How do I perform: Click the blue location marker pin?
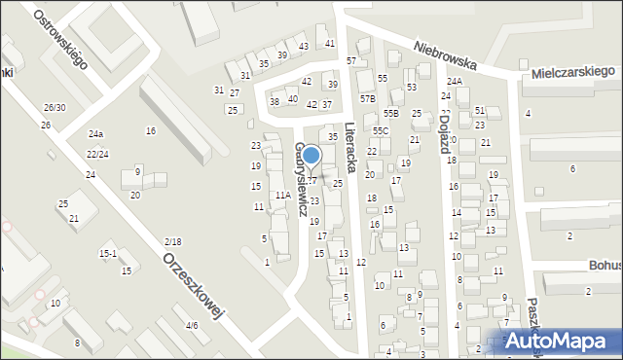tap(311, 156)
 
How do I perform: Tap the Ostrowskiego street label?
tap(59, 39)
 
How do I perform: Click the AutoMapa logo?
tap(563, 341)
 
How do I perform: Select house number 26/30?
tap(55, 107)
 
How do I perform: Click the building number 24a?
tap(95, 134)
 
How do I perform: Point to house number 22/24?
tap(97, 154)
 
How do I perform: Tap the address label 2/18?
tap(173, 241)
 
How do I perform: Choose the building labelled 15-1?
tap(108, 254)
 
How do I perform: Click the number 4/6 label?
tap(192, 325)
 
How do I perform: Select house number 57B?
tap(367, 98)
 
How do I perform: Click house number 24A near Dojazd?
tap(455, 82)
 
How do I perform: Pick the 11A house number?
tap(282, 196)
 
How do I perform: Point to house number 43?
tap(304, 47)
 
